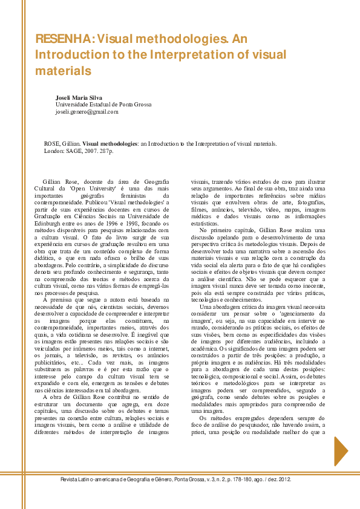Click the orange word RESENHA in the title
coord(63,39)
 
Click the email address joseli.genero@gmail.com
coord(87,112)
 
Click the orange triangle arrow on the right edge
coord(341,451)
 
